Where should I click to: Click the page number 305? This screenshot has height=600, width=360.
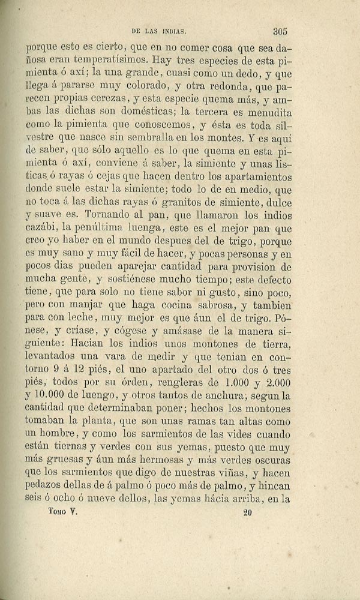click(x=281, y=32)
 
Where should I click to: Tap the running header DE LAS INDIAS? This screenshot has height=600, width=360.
click(x=159, y=33)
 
